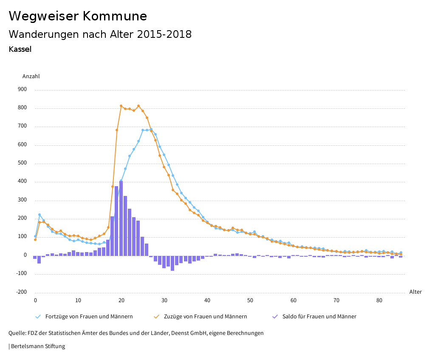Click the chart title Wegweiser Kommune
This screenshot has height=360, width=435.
click(x=78, y=16)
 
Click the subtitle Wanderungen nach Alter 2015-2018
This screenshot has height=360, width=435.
click(x=100, y=34)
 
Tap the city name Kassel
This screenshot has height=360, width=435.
click(x=20, y=49)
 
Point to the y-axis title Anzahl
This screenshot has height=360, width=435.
click(x=31, y=77)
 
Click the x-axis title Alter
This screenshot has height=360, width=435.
click(x=415, y=292)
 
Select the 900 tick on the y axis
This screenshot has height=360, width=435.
click(x=22, y=90)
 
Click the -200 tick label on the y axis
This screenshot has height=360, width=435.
click(x=21, y=292)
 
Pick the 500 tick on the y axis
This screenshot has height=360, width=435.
click(x=22, y=163)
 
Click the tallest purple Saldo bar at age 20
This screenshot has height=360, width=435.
click(x=121, y=218)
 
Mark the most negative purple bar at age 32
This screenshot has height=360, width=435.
click(x=172, y=263)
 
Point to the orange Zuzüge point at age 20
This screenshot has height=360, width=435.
click(x=121, y=106)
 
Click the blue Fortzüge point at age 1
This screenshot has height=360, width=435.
click(x=40, y=215)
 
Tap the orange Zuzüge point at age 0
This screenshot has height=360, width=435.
click(x=35, y=240)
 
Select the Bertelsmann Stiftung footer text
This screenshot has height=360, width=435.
click(x=38, y=346)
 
